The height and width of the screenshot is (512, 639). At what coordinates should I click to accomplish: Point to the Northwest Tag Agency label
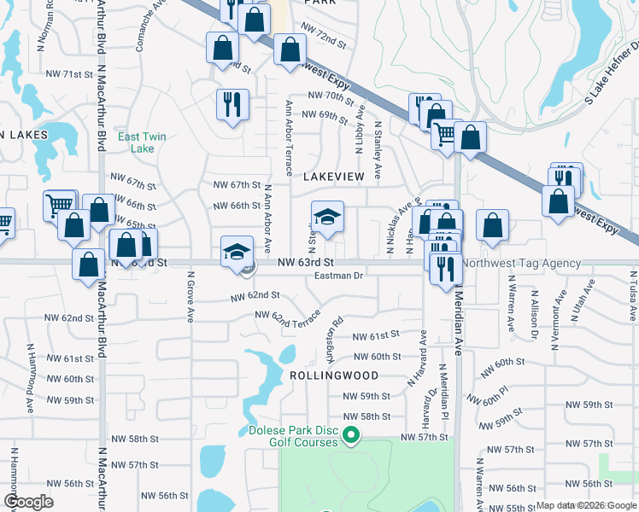(x=524, y=264)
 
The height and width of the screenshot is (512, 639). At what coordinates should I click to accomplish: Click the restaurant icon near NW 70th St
(x=232, y=105)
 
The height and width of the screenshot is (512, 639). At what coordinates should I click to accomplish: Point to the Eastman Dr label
(x=339, y=276)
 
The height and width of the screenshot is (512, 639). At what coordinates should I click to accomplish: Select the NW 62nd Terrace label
(x=287, y=322)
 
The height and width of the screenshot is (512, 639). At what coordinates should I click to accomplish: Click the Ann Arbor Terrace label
(x=289, y=137)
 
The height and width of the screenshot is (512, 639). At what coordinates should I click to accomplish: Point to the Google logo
(x=29, y=502)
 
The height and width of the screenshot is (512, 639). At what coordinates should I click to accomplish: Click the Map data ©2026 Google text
(x=585, y=505)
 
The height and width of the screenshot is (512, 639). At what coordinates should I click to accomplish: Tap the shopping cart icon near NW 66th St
(x=59, y=205)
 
